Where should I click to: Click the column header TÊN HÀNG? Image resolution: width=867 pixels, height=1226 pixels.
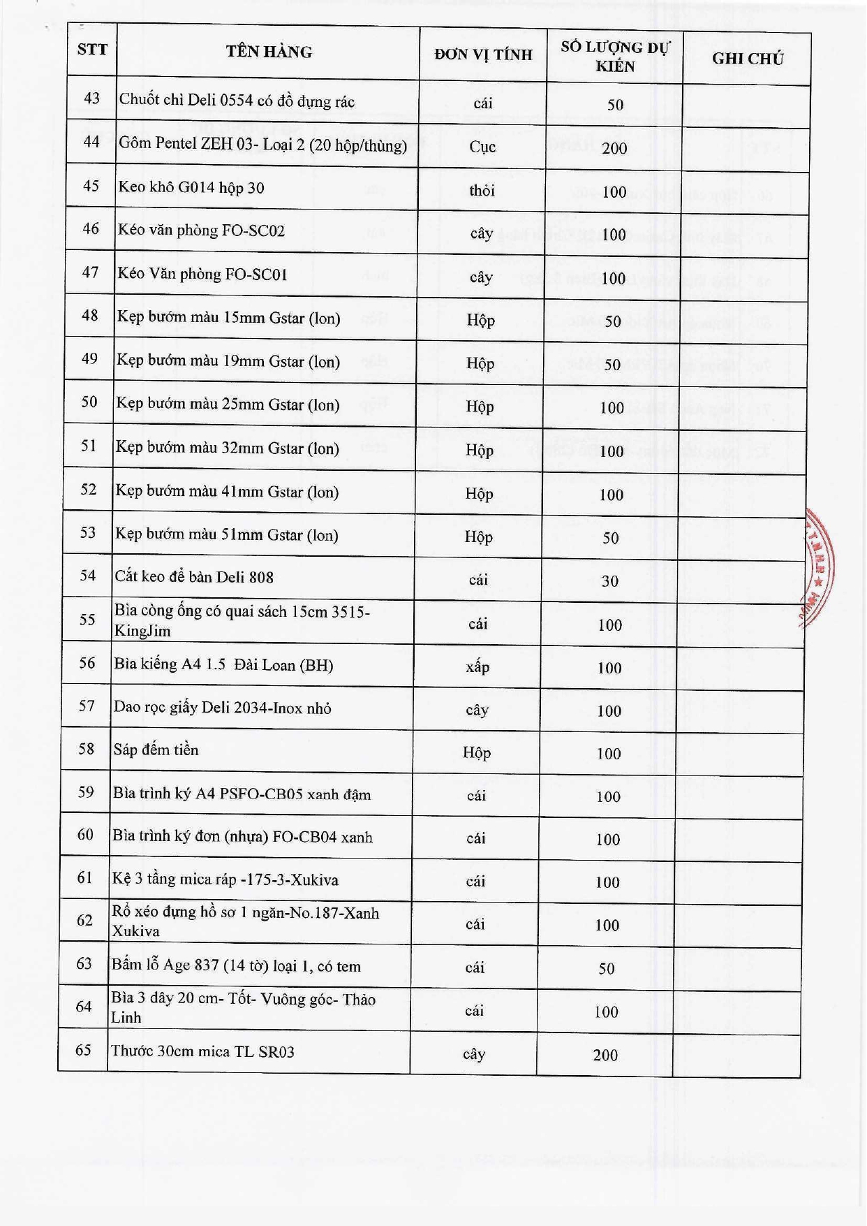(269, 52)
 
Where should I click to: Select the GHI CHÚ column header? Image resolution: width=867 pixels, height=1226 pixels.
(747, 59)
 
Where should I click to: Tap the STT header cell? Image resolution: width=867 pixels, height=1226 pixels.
(92, 50)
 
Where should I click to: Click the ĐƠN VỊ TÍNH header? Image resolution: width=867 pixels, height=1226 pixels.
(483, 54)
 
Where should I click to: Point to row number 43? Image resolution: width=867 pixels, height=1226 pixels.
(91, 98)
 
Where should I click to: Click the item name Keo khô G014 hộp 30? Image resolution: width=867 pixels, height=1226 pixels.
(191, 187)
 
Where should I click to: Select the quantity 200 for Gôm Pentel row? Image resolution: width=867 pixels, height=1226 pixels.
(614, 148)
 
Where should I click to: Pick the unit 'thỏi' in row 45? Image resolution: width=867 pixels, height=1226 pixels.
(482, 191)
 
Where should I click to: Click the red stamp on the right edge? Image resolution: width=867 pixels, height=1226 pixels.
(817, 566)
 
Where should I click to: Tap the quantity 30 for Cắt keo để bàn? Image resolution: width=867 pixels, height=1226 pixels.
(610, 581)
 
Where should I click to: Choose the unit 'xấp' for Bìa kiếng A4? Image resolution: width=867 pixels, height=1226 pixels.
(477, 667)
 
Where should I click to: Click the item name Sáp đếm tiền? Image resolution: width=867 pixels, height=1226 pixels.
(156, 750)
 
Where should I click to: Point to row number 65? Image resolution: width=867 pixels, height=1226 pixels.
(83, 1050)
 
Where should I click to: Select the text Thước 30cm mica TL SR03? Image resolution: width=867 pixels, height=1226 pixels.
(202, 1051)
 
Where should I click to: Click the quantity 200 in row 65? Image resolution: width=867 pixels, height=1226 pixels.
(605, 1056)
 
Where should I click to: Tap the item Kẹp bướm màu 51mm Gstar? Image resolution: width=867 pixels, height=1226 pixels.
(226, 535)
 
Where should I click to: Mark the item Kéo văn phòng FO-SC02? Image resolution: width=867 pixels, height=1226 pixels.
(201, 231)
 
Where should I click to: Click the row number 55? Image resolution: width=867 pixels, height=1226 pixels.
(87, 620)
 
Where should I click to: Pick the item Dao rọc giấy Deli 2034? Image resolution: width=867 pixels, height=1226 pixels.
(222, 708)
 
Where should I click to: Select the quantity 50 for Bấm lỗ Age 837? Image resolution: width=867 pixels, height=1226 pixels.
(607, 969)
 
